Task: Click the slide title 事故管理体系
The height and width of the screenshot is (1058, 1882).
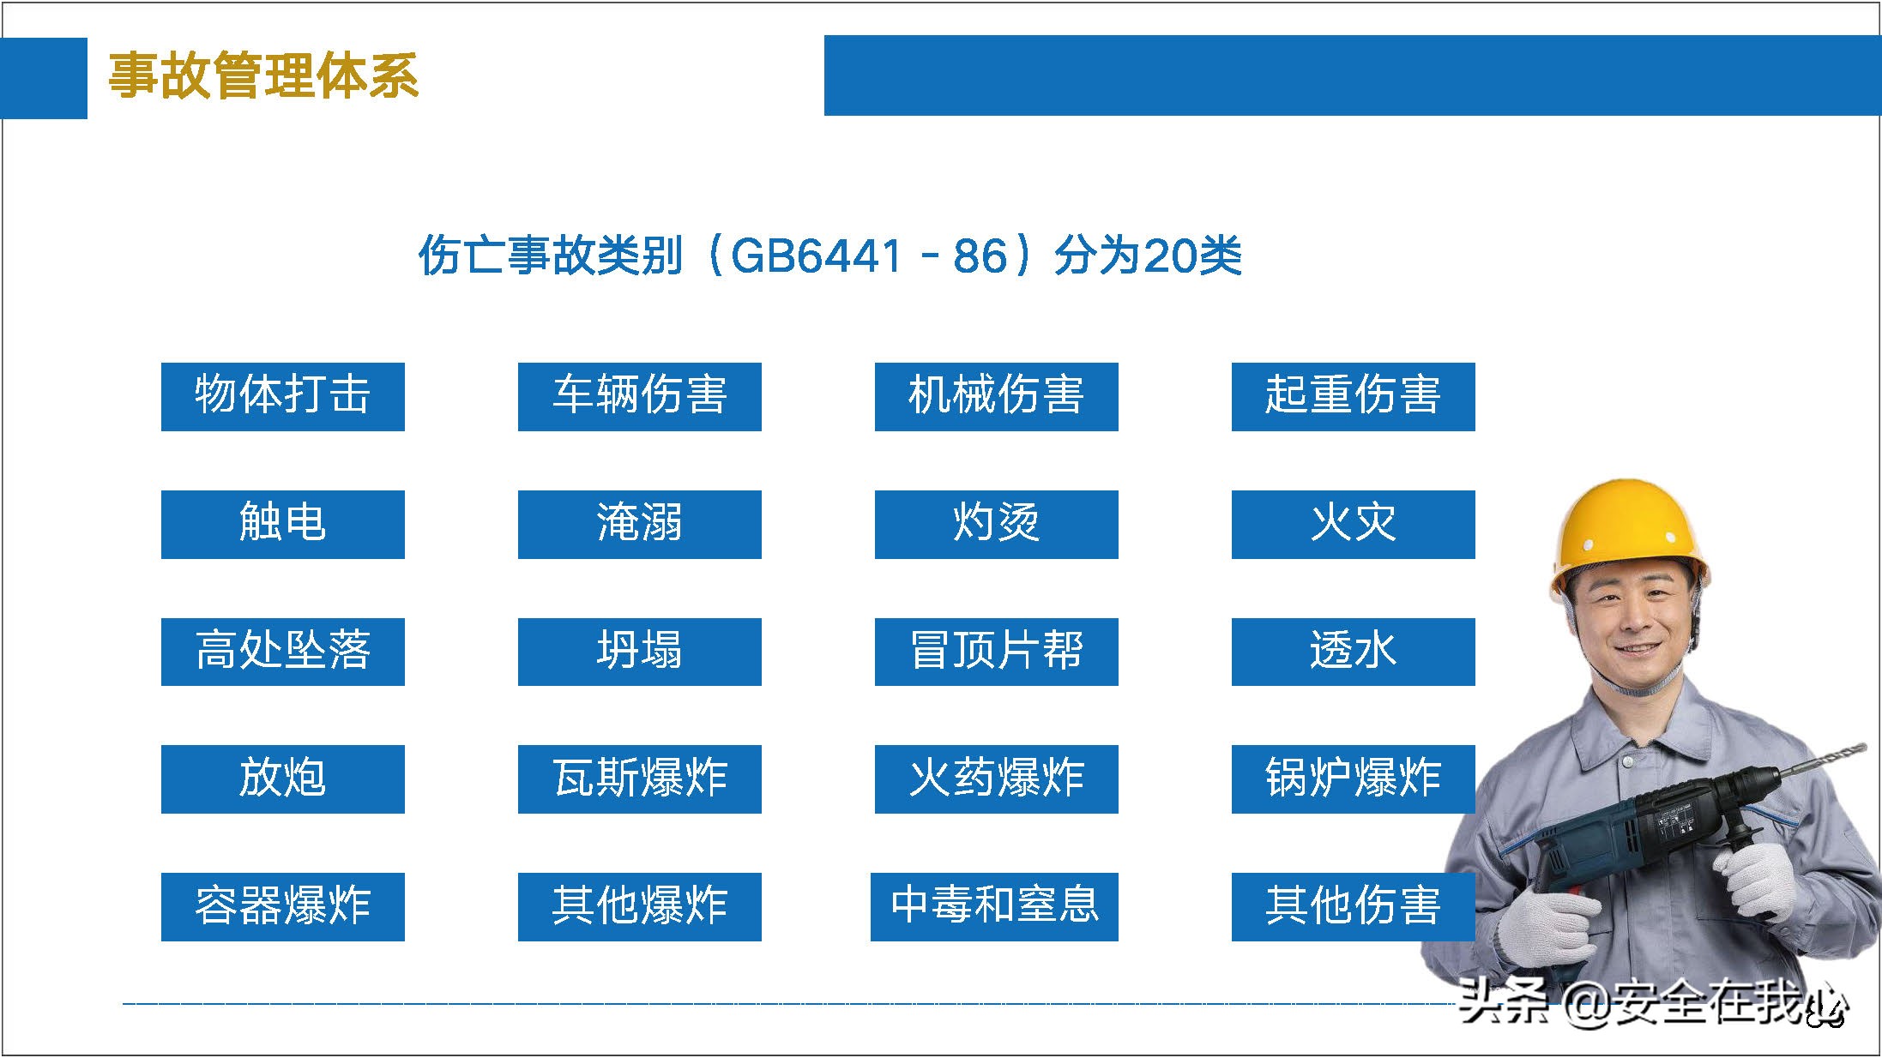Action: point(263,75)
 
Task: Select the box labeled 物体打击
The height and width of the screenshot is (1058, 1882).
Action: point(282,396)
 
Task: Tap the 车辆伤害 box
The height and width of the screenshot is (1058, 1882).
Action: point(639,396)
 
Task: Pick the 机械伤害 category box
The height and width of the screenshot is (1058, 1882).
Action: point(996,396)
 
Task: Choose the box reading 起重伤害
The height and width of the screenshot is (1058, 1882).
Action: point(1353,396)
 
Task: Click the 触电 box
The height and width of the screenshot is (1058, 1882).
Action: point(282,524)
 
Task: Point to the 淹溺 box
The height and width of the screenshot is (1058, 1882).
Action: point(639,524)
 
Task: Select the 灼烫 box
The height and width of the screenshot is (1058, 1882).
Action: point(996,524)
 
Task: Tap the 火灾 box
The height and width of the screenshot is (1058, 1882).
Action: point(1353,524)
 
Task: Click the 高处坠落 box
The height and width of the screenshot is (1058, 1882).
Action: point(282,652)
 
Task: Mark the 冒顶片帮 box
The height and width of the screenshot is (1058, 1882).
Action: point(996,652)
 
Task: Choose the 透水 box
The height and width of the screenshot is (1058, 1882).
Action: point(1353,652)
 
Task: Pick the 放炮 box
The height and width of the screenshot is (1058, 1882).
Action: point(282,778)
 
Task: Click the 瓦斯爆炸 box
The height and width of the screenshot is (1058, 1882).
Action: point(639,778)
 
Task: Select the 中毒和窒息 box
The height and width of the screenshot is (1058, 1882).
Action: point(994,906)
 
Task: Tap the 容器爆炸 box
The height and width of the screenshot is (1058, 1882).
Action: point(282,906)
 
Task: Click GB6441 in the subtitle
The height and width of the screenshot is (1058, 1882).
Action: point(816,255)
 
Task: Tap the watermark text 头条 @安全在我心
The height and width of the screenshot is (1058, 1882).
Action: point(1651,1001)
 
